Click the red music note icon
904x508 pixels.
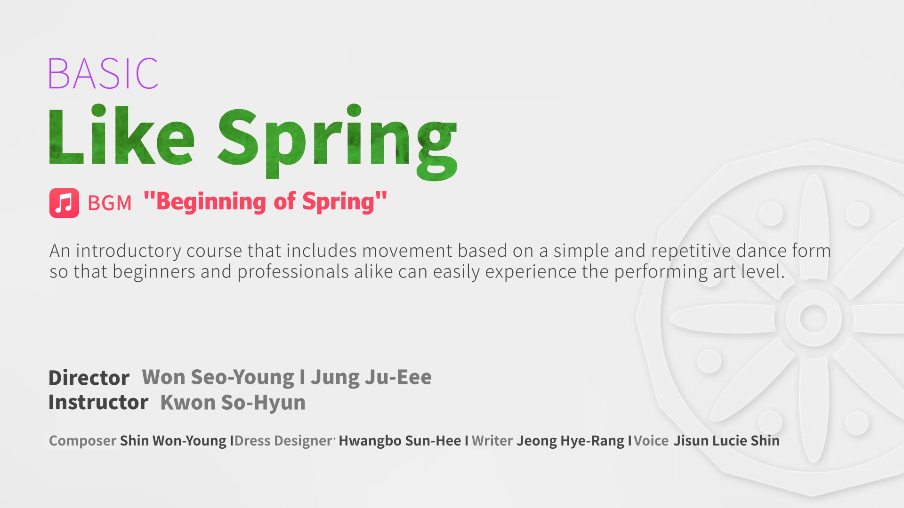coord(65,203)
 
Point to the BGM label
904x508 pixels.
coord(110,203)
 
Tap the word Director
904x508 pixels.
coord(89,378)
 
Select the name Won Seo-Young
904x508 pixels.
coord(218,377)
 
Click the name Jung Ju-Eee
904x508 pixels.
coord(371,377)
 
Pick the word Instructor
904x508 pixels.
coord(98,402)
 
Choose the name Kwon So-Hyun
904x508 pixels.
coord(233,403)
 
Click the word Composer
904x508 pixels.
coord(82,441)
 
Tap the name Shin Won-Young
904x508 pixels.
coord(173,441)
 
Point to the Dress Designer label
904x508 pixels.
coord(284,441)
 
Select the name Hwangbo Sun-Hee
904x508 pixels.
coord(400,441)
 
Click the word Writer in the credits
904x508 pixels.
coord(492,441)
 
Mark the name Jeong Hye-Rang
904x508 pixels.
coord(571,441)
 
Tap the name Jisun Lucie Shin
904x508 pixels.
coord(726,441)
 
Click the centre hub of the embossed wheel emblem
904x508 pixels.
coord(814,318)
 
